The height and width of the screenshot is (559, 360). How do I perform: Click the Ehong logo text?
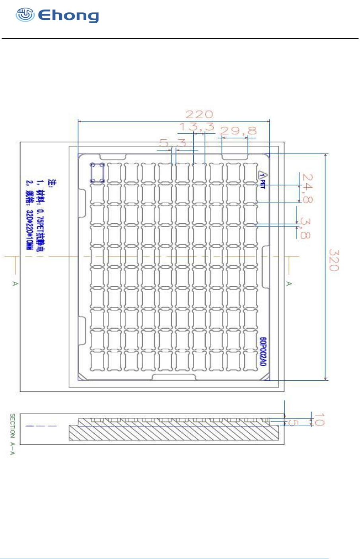click(68, 16)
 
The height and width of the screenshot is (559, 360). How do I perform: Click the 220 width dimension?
click(199, 115)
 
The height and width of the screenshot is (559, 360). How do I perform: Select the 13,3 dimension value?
click(197, 127)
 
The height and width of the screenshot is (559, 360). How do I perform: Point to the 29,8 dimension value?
click(238, 131)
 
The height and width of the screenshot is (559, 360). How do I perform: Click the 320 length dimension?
click(334, 260)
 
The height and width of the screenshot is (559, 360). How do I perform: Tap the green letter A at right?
click(289, 283)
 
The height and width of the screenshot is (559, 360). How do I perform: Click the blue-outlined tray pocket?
click(97, 173)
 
